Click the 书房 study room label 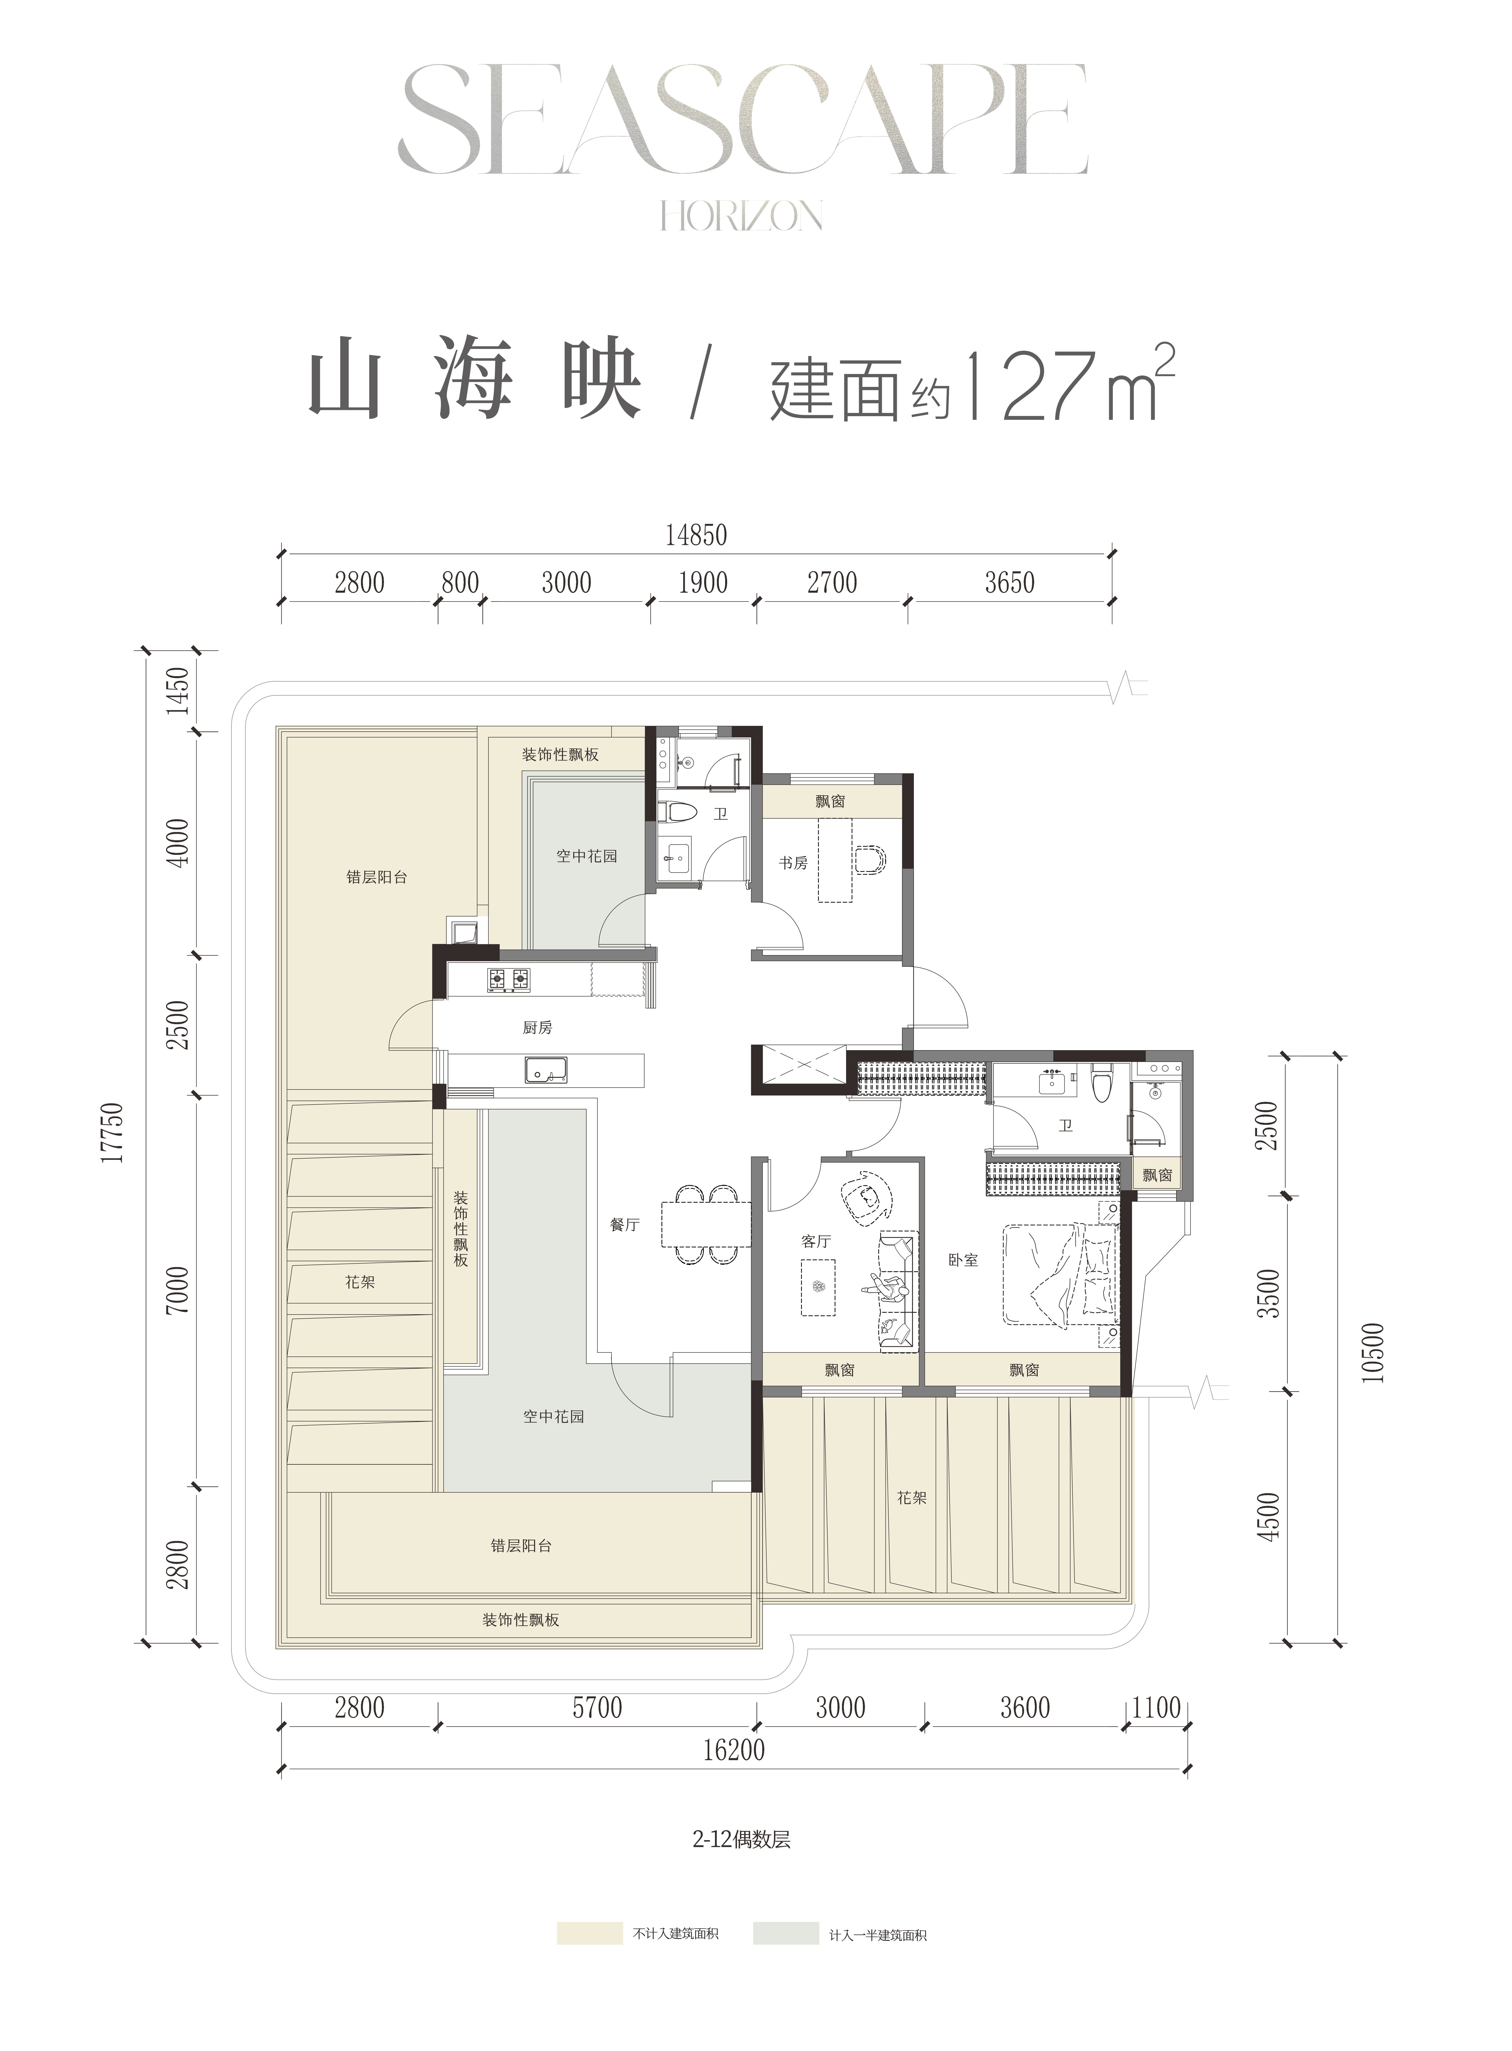pyautogui.click(x=794, y=862)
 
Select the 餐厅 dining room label pyautogui.click(x=625, y=1225)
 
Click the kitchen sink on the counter pyautogui.click(x=546, y=1069)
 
